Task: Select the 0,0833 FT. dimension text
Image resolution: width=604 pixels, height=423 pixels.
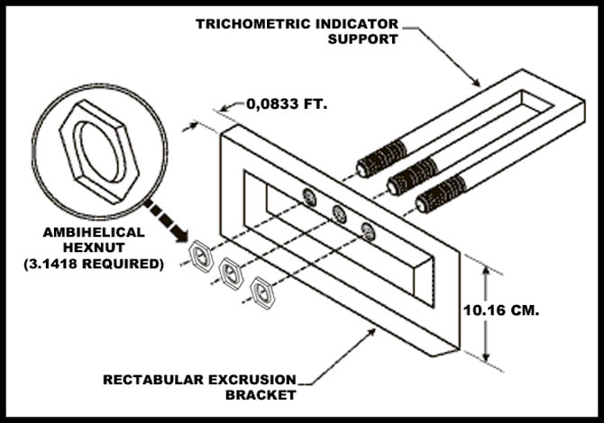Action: coord(288,104)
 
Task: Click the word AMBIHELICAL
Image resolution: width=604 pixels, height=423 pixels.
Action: coord(93,232)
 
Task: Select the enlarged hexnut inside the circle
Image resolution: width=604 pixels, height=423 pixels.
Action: coord(96,149)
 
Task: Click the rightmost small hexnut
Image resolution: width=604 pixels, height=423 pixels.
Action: coord(262,292)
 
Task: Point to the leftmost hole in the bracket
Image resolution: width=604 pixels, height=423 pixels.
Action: coord(309,196)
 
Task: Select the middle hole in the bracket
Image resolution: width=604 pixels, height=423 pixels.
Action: coord(339,213)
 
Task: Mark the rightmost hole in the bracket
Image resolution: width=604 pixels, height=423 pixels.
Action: coord(368,231)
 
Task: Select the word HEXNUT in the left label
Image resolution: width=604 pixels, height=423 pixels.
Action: coord(93,247)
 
